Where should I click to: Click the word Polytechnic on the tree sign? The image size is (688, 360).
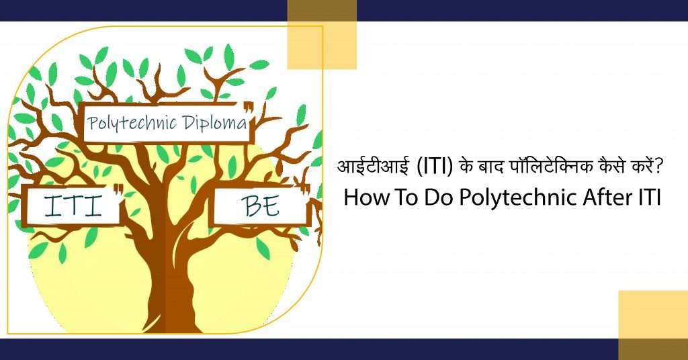point(128,123)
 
